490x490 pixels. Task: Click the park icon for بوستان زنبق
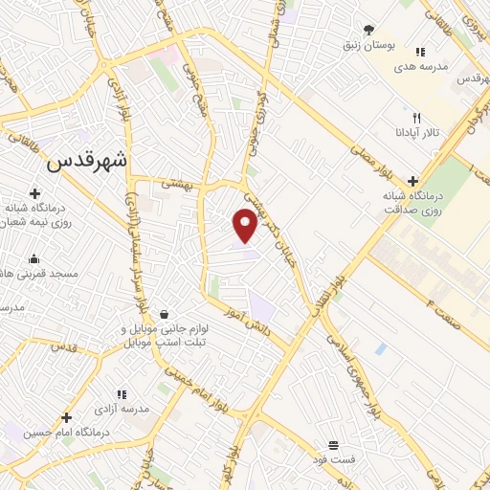[x=370, y=30]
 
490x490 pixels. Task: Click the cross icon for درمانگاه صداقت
[x=413, y=179]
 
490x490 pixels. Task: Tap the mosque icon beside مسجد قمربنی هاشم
[x=35, y=258]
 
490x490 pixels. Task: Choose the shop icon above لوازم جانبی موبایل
[x=165, y=313]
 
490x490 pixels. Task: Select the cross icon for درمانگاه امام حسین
[x=66, y=417]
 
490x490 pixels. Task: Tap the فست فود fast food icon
[x=332, y=445]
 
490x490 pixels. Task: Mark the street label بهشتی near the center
[x=178, y=181]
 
